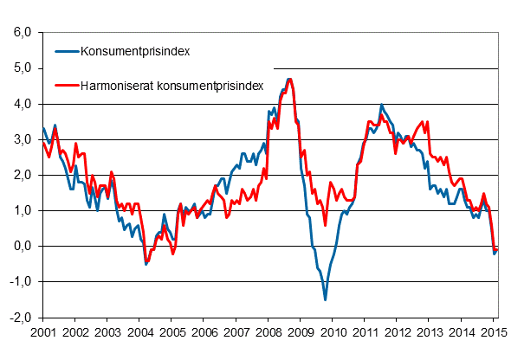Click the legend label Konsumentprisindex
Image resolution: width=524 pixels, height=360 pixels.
(134, 50)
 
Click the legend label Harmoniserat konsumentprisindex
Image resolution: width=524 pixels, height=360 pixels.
(171, 86)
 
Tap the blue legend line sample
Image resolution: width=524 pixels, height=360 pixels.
(65, 50)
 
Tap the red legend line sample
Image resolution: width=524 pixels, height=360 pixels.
(65, 86)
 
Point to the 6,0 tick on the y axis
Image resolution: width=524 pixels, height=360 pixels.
(20, 33)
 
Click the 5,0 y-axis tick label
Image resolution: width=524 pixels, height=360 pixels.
(20, 68)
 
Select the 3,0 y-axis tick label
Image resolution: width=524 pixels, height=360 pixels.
(20, 139)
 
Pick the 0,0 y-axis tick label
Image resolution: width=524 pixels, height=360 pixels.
(20, 246)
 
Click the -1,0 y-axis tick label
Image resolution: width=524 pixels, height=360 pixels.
(18, 281)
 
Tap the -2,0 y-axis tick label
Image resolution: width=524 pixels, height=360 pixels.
(18, 317)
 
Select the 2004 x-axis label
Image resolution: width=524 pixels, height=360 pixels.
(139, 332)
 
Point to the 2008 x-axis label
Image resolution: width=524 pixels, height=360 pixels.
(268, 332)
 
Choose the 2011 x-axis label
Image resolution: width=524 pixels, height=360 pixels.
(366, 332)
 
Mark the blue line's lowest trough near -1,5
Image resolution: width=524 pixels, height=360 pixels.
(326, 299)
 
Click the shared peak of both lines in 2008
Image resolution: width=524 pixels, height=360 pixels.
(289, 80)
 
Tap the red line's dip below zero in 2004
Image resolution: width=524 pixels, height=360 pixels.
(146, 262)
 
